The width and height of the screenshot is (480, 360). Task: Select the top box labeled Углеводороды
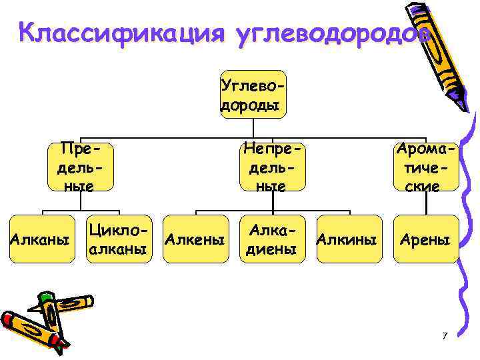point(253,94)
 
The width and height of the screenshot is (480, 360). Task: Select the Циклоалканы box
point(117,239)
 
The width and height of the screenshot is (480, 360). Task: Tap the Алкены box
point(195,239)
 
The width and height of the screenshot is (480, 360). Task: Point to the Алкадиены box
point(272,239)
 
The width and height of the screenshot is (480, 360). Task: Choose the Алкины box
point(349,239)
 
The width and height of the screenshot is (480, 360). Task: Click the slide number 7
point(444,336)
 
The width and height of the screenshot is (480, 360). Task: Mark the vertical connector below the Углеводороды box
point(253,128)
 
